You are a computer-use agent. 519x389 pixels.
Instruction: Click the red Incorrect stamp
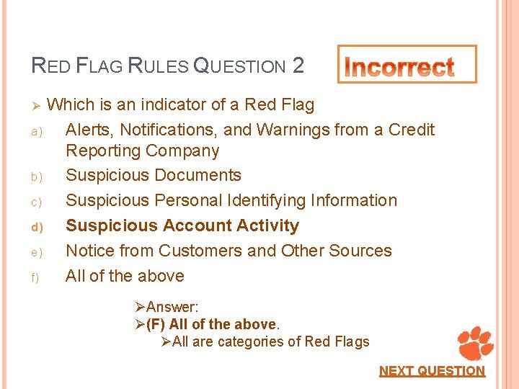pos(407,66)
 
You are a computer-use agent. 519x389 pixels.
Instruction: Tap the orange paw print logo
pos(475,343)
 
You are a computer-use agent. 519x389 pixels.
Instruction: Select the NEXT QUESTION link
pos(432,371)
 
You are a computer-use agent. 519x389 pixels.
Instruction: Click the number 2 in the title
pos(298,66)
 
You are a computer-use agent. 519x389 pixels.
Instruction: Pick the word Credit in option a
pos(412,130)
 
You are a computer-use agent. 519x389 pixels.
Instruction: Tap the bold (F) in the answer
pos(156,324)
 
